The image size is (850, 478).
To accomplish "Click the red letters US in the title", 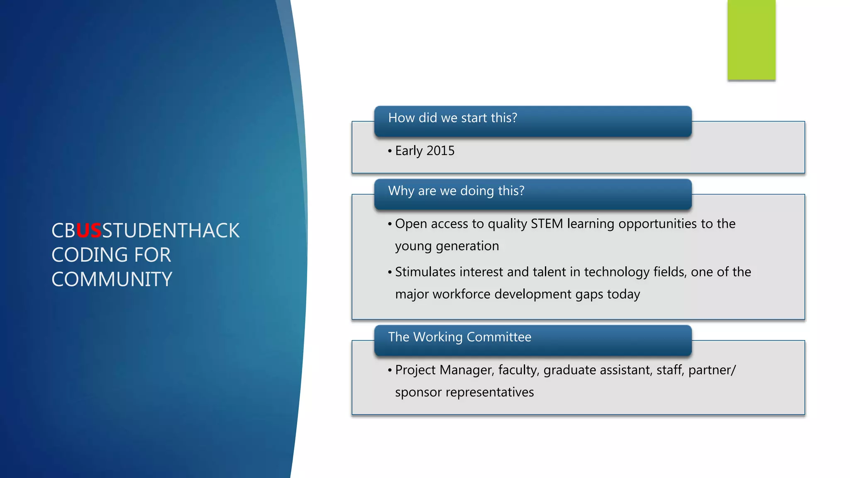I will point(89,231).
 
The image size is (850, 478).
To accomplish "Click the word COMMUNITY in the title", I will point(112,279).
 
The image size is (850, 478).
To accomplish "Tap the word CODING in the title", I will point(90,255).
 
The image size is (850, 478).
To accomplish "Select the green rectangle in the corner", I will point(751,40).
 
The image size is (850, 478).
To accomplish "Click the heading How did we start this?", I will point(452,118).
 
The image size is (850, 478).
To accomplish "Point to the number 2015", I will point(440,151).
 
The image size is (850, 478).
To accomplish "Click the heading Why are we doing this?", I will point(456,191).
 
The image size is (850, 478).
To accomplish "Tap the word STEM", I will point(547,224).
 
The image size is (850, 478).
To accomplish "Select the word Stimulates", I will point(425,272).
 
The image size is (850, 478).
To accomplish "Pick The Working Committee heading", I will point(459,337).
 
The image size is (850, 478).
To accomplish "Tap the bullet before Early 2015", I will point(390,151).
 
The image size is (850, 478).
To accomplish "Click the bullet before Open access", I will point(390,224).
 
